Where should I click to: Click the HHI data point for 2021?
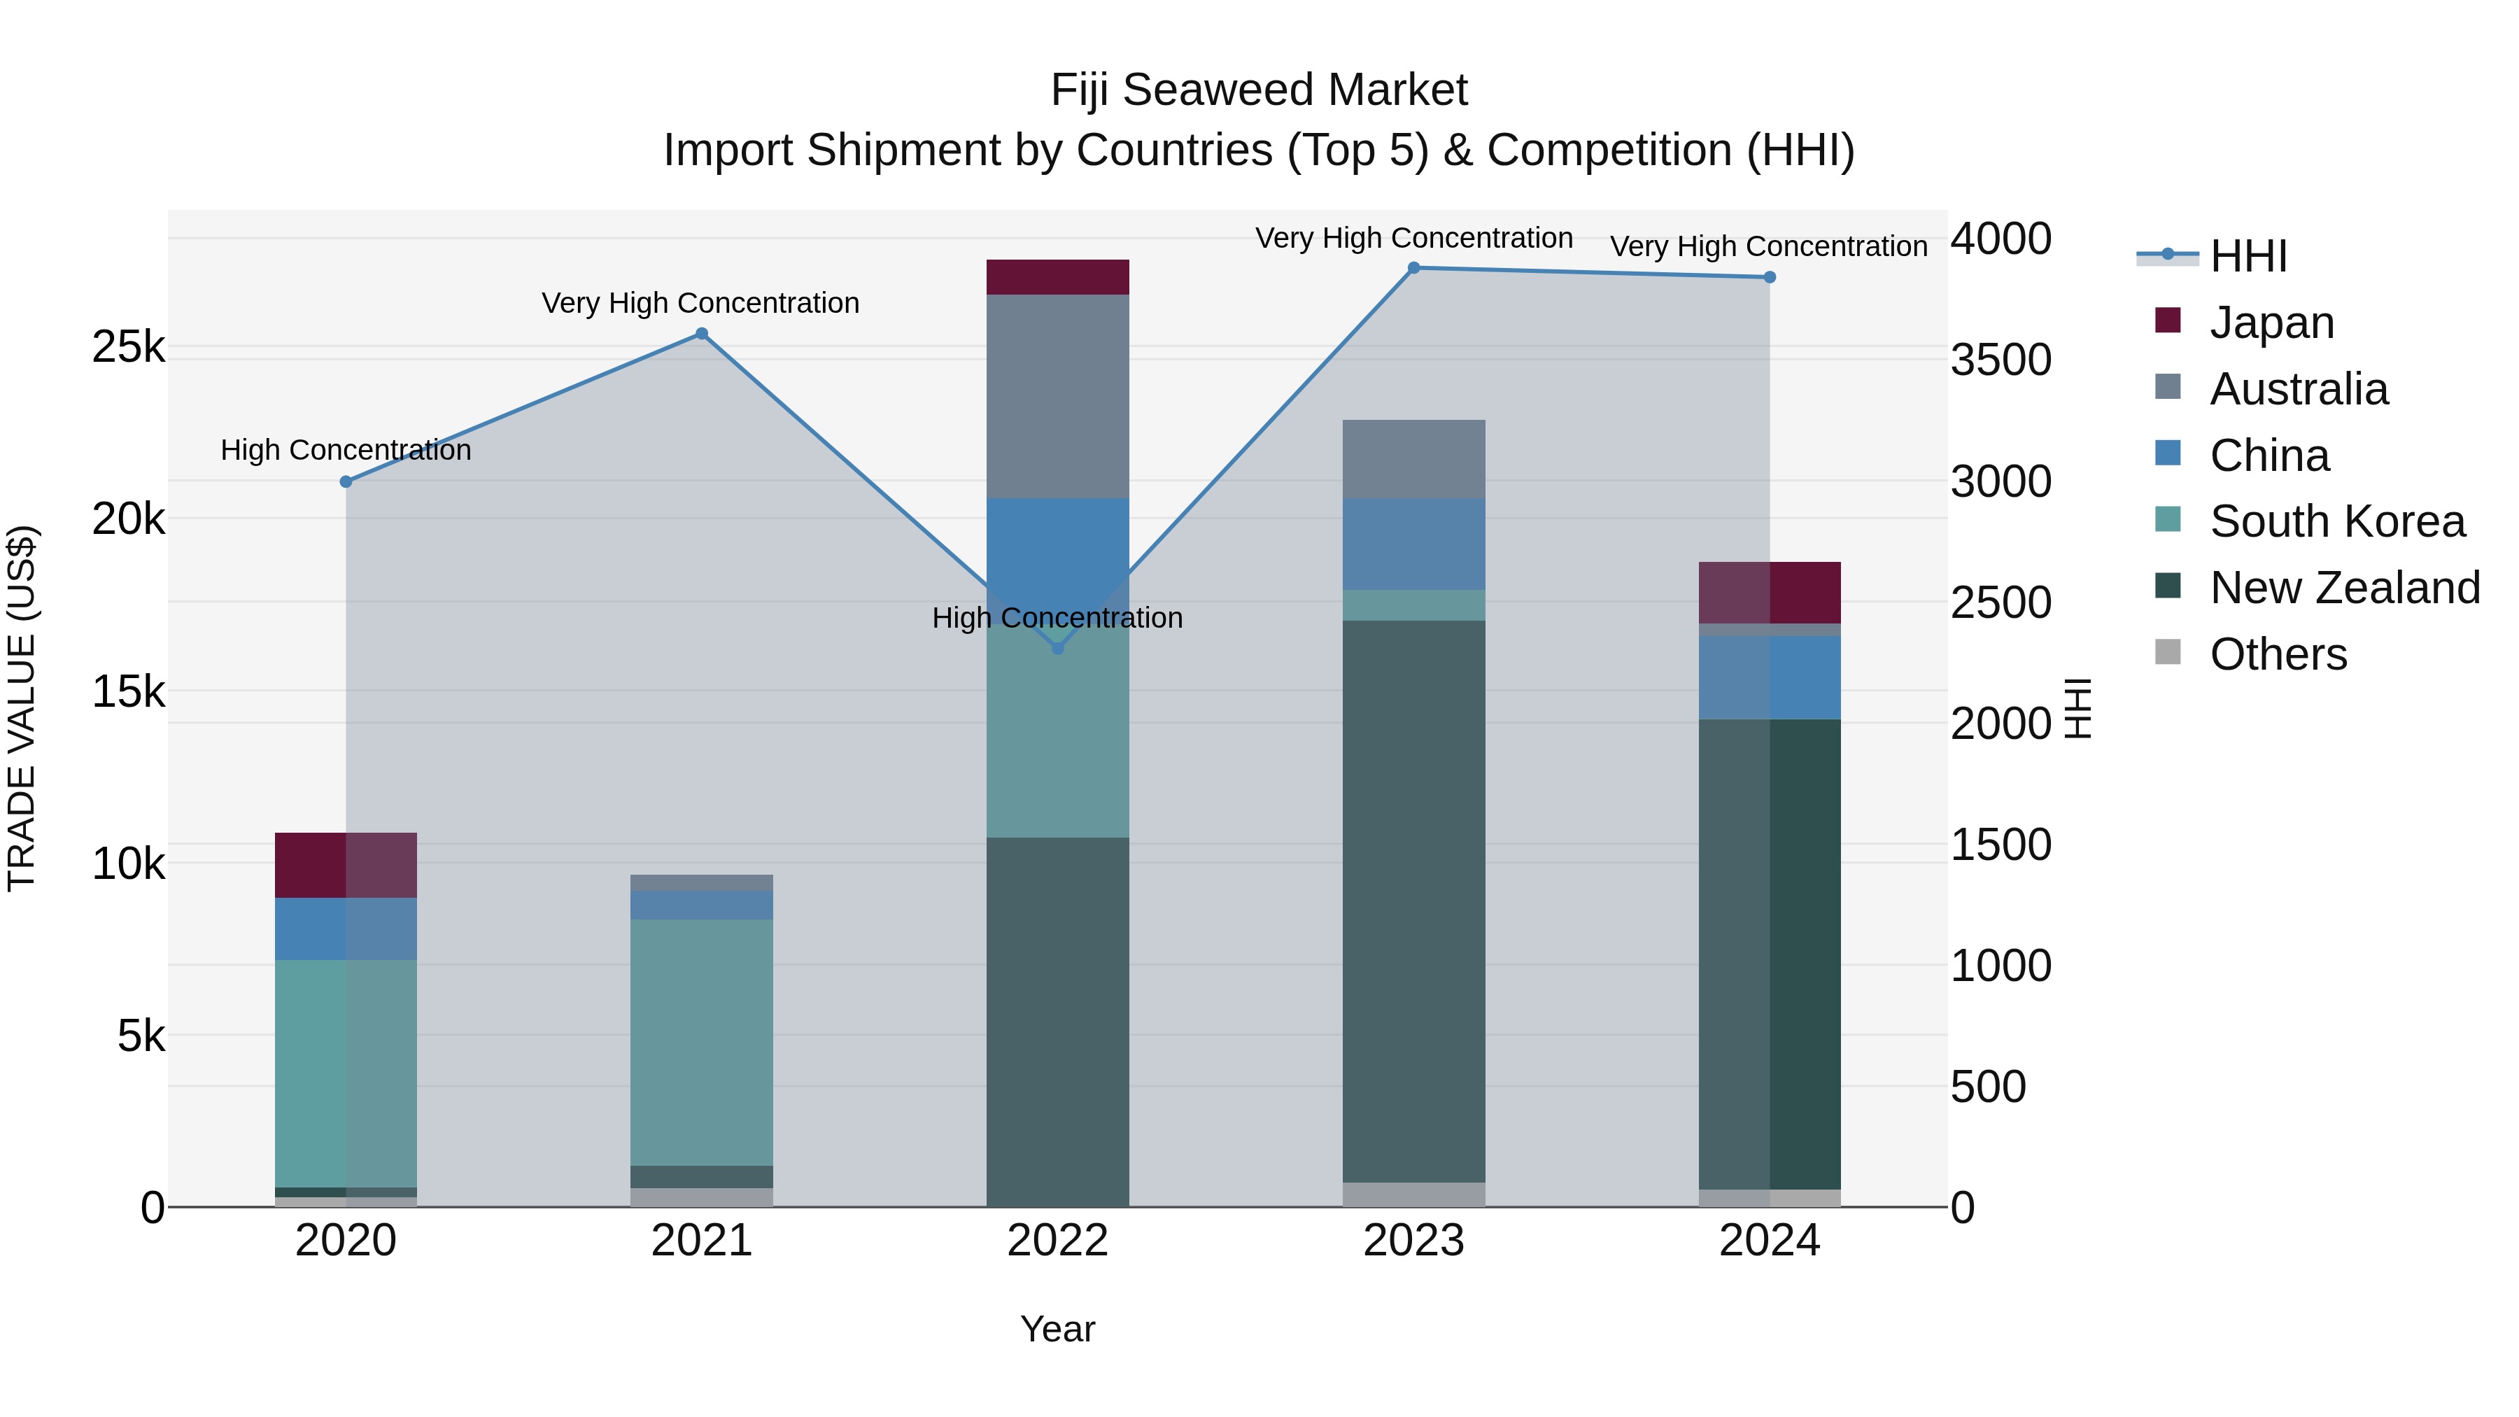click(701, 334)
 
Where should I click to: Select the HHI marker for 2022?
click(1057, 649)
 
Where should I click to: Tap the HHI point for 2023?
click(1413, 268)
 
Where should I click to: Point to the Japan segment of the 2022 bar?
click(1057, 276)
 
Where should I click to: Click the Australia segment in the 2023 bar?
click(1413, 458)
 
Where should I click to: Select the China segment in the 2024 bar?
click(1769, 677)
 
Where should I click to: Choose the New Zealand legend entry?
click(2344, 588)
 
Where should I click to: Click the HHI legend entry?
click(2247, 256)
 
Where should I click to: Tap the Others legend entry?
click(2278, 654)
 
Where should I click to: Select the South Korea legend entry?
click(2336, 521)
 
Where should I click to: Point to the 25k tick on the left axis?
click(129, 347)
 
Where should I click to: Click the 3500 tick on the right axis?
click(2001, 360)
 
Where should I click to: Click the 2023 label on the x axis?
click(1413, 1241)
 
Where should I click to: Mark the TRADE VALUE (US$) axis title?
click(22, 708)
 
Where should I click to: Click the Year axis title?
click(1057, 1329)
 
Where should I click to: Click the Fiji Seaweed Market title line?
click(1259, 90)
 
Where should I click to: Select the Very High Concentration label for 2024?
click(1768, 246)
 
